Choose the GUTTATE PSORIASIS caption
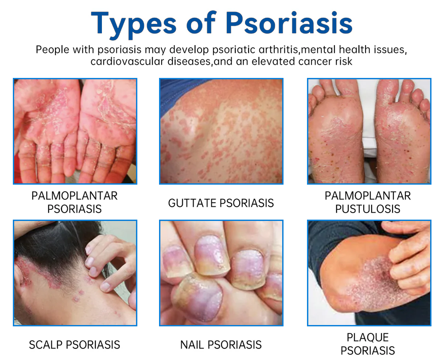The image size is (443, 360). tap(221, 203)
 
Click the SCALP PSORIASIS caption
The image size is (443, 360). tap(74, 345)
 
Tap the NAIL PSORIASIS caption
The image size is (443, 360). tap(221, 345)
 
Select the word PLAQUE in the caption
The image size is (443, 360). tap(368, 337)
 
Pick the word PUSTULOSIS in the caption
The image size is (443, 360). tap(368, 209)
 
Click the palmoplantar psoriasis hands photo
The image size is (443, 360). tap(75, 131)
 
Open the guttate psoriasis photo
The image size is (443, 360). tap(221, 131)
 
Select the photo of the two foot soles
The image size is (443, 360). tap(369, 131)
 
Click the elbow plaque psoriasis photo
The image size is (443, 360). tap(369, 273)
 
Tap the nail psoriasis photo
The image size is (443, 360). tap(221, 273)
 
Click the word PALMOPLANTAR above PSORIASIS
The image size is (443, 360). tap(74, 196)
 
